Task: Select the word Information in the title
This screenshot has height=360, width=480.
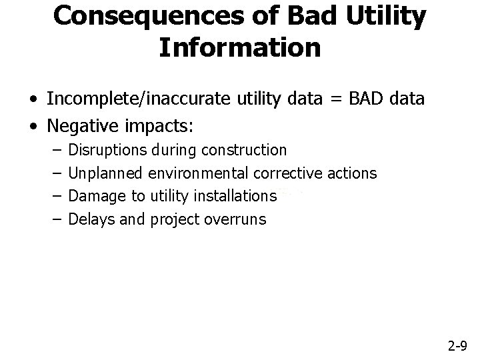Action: (240, 48)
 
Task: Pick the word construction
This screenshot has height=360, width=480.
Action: (245, 151)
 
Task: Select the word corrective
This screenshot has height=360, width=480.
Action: (288, 173)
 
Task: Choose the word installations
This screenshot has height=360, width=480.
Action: (234, 196)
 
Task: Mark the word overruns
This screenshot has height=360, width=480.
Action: (239, 219)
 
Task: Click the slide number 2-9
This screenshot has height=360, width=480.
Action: (457, 345)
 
